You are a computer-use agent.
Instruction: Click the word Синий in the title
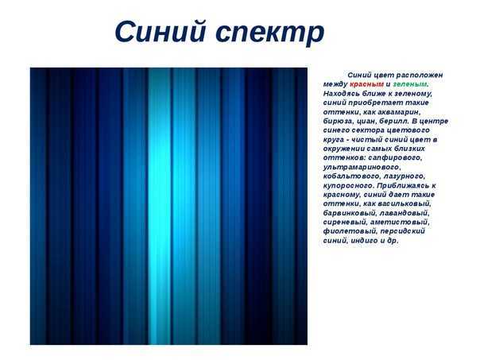click(160, 31)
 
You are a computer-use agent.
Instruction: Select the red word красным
click(366, 84)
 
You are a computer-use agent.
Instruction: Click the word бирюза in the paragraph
click(336, 122)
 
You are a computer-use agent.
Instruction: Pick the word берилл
click(393, 122)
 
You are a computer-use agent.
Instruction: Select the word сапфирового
click(395, 158)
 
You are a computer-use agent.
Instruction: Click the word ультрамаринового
click(362, 167)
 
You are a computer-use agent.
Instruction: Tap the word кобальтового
click(351, 176)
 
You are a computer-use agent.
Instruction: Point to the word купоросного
click(349, 186)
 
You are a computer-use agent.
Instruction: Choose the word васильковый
click(405, 204)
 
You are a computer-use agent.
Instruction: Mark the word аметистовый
click(400, 223)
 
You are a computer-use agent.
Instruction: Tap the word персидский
click(401, 231)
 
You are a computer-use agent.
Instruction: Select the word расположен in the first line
click(420, 75)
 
